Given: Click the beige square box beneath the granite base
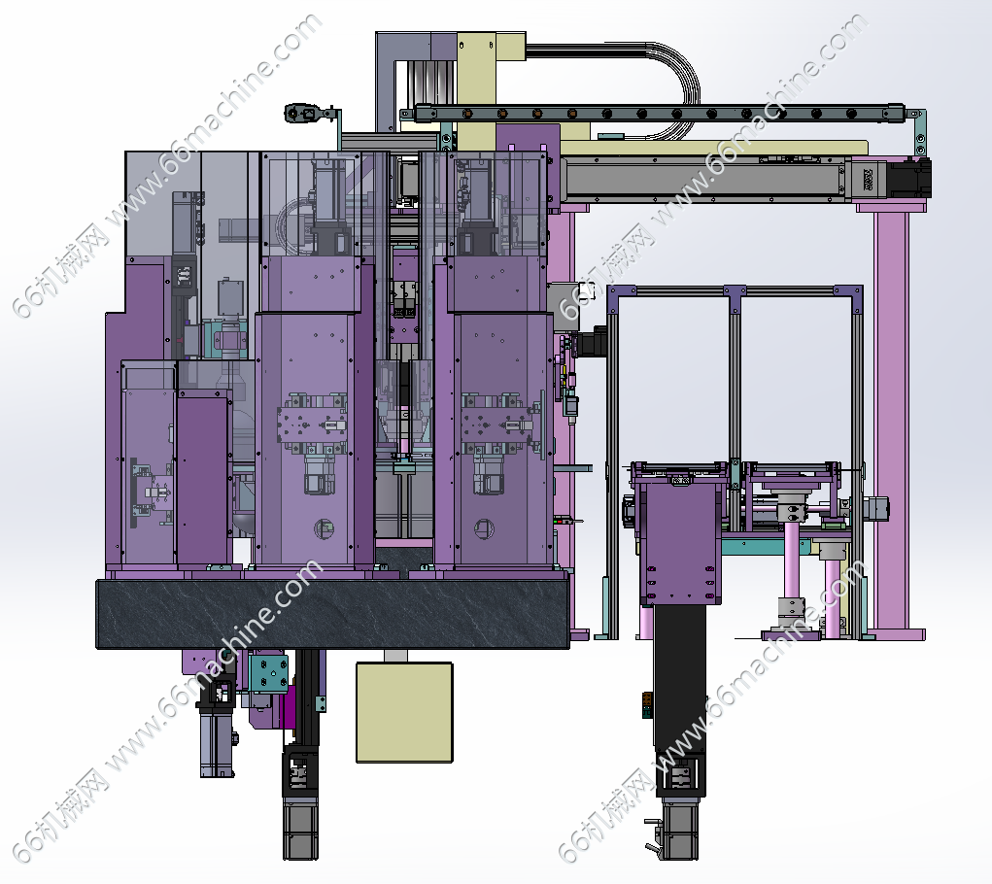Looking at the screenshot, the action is tap(404, 712).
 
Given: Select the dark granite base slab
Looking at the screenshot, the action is tap(333, 613).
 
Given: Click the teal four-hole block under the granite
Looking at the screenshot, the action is tap(269, 673).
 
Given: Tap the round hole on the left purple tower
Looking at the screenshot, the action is tap(323, 527).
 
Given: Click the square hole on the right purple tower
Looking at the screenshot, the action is tap(485, 528).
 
